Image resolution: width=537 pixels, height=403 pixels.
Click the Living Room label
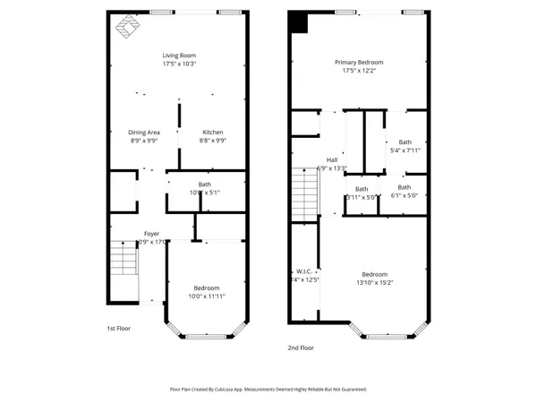180,54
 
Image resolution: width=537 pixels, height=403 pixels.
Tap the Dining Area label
143,133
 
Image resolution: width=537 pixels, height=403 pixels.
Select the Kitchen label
212,133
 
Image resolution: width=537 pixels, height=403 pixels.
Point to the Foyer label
151,234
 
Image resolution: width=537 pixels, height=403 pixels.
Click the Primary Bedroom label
359,62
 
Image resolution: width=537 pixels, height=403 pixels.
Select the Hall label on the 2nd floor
331,159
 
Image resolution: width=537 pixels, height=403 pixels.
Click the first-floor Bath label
205,184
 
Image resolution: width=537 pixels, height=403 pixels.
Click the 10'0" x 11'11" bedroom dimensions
206,296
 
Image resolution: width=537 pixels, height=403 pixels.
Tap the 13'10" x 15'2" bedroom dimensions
374,282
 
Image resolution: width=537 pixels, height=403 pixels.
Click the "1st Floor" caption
118,329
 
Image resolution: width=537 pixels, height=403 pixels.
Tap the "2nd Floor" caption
302,347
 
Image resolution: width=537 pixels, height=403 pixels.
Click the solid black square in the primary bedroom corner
297,22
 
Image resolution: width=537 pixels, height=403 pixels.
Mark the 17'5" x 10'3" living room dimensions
180,63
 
